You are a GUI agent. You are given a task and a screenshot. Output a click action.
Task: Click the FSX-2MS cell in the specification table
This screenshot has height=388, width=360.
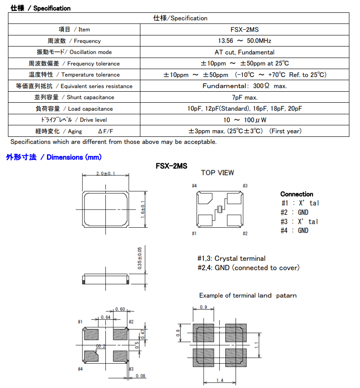click(244, 30)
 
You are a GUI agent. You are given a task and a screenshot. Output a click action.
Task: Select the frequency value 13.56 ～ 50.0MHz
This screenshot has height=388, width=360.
click(244, 41)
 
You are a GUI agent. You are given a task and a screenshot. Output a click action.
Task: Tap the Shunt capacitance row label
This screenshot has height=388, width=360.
click(74, 97)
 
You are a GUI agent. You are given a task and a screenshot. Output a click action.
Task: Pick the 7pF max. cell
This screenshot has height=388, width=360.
click(244, 97)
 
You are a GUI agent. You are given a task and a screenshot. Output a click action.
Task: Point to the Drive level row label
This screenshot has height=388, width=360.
click(74, 120)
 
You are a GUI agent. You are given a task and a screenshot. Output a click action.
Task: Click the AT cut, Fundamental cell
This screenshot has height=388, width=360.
click(244, 52)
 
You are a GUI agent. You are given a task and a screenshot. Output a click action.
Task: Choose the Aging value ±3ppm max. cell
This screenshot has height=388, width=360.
click(244, 131)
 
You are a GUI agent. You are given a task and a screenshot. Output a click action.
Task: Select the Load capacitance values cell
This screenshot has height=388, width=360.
click(244, 109)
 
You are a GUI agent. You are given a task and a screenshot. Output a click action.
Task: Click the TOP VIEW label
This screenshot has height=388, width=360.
click(217, 173)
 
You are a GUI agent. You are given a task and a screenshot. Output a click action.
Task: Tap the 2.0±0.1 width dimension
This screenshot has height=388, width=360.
click(105, 174)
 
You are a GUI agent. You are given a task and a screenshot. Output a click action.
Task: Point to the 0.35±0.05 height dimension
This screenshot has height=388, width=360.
click(140, 258)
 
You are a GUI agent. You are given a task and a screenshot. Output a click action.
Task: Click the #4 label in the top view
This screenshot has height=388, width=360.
click(194, 186)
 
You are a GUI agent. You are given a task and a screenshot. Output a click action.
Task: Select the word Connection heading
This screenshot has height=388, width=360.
click(297, 194)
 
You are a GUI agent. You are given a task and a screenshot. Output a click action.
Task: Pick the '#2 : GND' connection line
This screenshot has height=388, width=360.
click(295, 212)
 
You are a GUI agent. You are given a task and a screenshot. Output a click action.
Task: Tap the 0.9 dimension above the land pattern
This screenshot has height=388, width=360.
click(204, 307)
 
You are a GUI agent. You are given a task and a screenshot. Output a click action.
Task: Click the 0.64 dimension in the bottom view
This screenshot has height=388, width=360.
click(105, 317)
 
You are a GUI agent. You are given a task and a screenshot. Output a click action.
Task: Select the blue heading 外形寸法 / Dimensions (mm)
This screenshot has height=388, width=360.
click(54, 157)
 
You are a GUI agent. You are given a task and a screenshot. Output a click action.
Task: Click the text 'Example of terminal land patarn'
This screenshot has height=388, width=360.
click(248, 295)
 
